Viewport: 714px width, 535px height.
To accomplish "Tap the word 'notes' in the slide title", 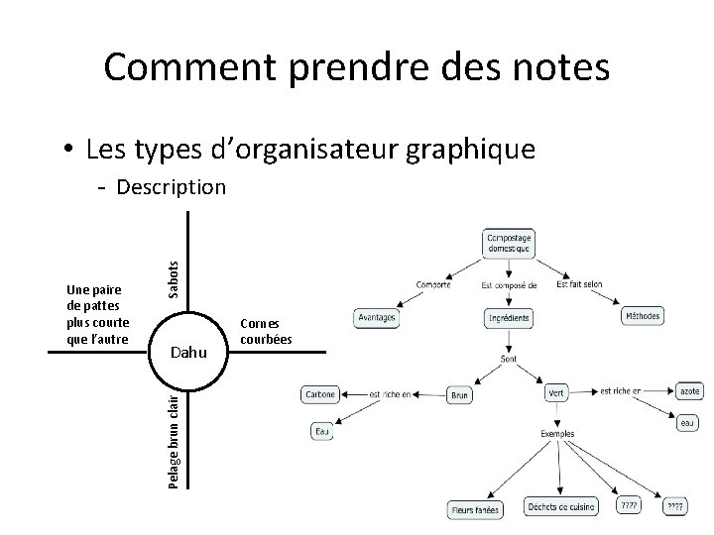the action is click(x=561, y=67).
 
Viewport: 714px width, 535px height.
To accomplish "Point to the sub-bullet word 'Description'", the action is click(x=171, y=186).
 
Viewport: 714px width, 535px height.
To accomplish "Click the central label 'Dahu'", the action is click(x=188, y=351).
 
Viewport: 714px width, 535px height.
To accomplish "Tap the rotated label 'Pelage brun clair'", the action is click(x=174, y=439).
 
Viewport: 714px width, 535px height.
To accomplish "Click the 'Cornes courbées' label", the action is click(x=262, y=330).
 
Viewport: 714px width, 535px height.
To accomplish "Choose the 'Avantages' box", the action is click(x=377, y=318).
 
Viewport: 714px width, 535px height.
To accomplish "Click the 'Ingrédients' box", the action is click(x=509, y=319).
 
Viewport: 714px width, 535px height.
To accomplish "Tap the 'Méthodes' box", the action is click(x=642, y=316).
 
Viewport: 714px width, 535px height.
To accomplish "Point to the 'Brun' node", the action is click(x=460, y=394).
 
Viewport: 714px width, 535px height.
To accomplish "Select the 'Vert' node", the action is click(x=556, y=393).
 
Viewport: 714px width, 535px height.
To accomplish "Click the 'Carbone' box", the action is click(x=320, y=393).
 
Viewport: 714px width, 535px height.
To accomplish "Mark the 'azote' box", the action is click(x=688, y=392).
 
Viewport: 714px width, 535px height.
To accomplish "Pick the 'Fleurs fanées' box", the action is click(x=473, y=509).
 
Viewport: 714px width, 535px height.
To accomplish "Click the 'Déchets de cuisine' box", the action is click(x=561, y=506).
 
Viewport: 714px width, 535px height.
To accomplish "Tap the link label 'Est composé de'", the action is click(x=509, y=285).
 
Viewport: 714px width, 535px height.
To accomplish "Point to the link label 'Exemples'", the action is click(x=557, y=434).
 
